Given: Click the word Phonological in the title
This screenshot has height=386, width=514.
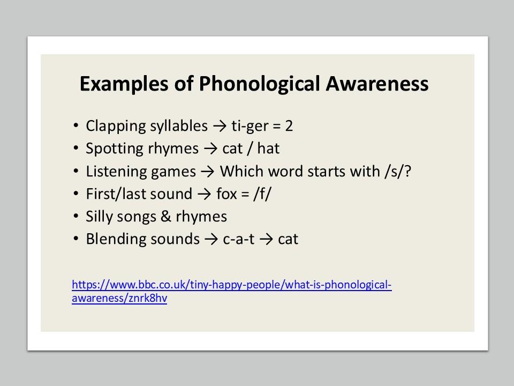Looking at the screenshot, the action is coord(259,84).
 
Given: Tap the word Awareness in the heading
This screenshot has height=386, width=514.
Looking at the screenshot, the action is coord(377,84).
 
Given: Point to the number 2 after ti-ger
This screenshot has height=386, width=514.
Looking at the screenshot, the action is coord(289,126).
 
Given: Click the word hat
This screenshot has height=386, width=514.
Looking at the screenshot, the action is coord(268,149).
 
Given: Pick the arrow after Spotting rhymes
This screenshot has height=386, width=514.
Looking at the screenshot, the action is coord(210,149).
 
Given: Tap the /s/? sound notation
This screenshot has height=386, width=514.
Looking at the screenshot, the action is coord(398,172).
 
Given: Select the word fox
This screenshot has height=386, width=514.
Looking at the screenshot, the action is coord(226,194).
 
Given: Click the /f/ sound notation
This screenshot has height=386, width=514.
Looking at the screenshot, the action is coord(262,194).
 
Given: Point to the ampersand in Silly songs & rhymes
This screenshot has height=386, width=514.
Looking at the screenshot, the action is coord(166,216).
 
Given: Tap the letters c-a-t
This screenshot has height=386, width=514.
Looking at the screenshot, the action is coord(239,239).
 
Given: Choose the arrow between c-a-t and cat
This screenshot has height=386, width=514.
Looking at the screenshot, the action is coord(266,240).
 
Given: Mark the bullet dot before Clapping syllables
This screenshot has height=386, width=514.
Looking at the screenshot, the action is coord(76,126).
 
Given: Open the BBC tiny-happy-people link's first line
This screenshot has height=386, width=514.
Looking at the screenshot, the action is coord(232,285).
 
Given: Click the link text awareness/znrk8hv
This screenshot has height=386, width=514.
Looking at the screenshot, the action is coord(119,299).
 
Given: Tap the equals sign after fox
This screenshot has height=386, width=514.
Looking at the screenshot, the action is coord(245,195).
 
